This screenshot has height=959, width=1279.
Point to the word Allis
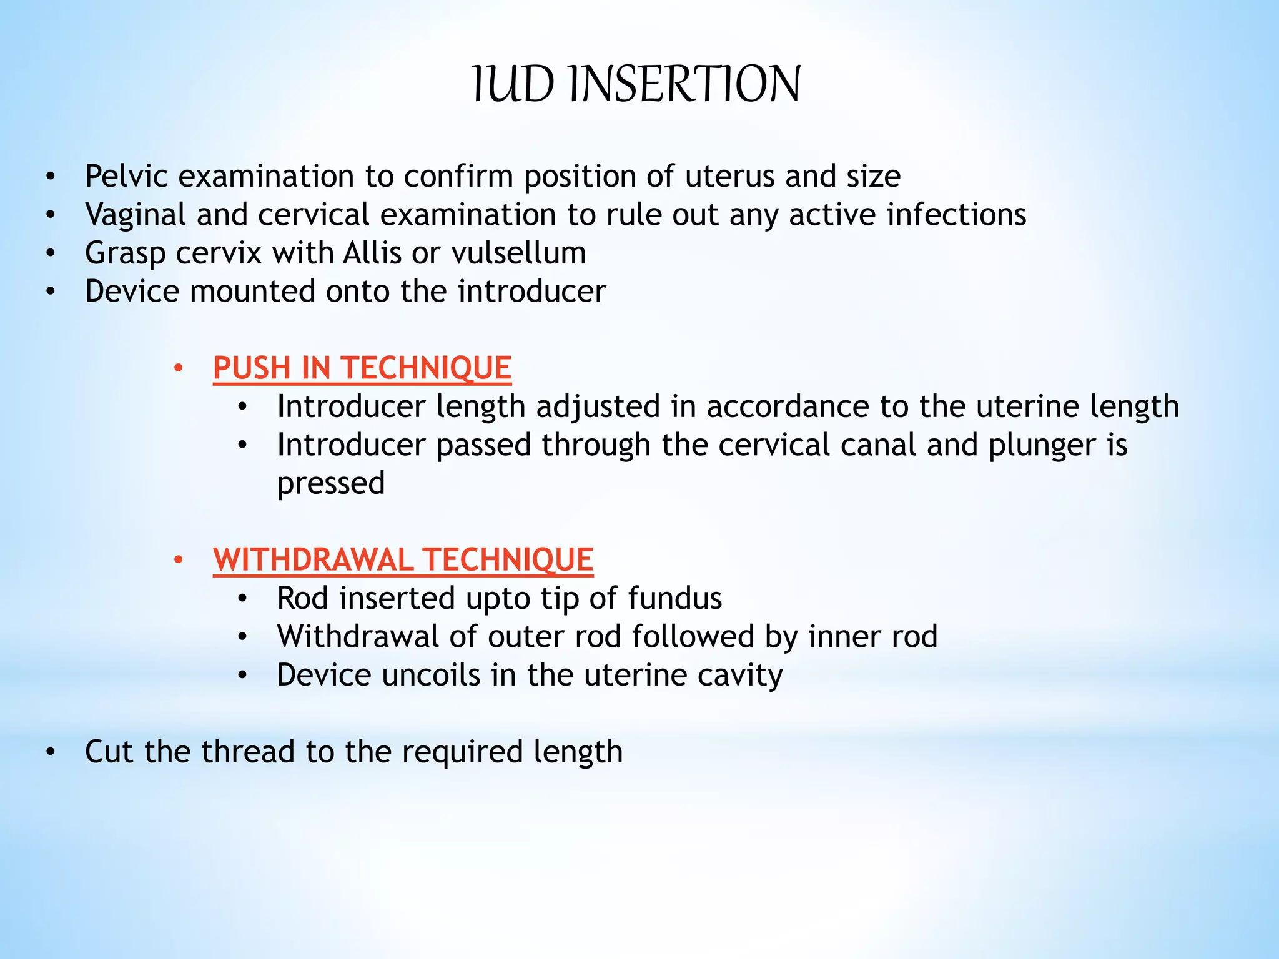tap(372, 253)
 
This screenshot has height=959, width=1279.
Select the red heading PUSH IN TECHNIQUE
tap(362, 368)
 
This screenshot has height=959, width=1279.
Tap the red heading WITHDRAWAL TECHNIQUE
tap(403, 560)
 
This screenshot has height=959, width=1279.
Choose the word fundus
tap(674, 599)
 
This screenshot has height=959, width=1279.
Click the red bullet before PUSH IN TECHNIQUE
tap(179, 369)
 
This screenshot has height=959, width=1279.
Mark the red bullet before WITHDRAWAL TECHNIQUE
tap(179, 561)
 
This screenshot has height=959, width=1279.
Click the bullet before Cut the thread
tap(51, 752)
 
